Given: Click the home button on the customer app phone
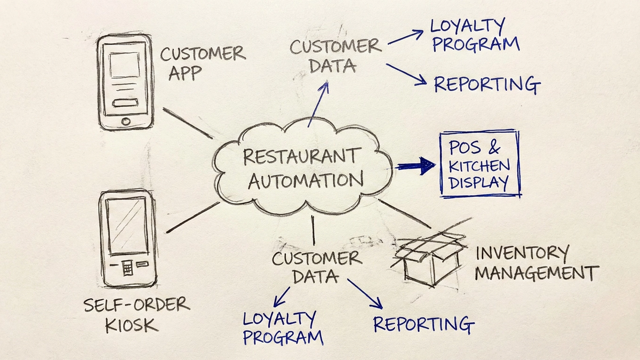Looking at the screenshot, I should coord(125,122).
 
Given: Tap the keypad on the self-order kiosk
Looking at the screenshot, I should coord(127,268).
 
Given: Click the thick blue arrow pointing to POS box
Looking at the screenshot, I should coord(416,166).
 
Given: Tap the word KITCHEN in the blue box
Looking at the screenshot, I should coord(479,165).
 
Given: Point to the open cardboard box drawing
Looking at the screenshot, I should coord(429,258).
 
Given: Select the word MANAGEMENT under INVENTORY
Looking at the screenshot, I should coord(537,273).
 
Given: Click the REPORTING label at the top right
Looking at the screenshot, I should coord(487,85).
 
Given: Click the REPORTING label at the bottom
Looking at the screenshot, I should coord(423,324).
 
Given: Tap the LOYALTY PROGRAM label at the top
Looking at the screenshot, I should coord(475,35).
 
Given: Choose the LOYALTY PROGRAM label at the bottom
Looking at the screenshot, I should coord(283,328).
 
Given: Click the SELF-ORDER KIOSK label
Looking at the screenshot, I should coord(136,314).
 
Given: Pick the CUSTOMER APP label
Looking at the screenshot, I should coord(203,63).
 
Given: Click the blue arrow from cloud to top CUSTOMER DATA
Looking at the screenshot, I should coord(318,104).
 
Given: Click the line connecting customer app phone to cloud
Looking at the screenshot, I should coord(186,123).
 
